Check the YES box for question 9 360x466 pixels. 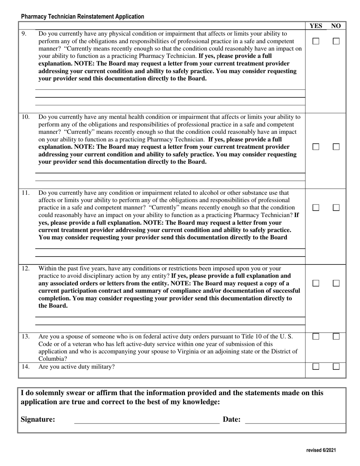click(316, 41)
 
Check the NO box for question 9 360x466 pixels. click(336, 41)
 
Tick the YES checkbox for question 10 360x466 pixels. click(316, 147)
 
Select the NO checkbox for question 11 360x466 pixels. click(336, 208)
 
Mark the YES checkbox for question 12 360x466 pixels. click(316, 283)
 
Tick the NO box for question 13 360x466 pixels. click(336, 336)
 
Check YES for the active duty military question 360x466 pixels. click(316, 367)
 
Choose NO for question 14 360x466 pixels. click(336, 367)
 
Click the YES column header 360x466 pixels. click(316, 26)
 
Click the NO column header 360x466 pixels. click(336, 26)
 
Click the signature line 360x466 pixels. click(146, 421)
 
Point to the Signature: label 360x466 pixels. click(38, 419)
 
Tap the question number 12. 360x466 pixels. click(25, 269)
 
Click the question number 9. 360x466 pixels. click(24, 34)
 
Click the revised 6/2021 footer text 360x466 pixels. click(321, 450)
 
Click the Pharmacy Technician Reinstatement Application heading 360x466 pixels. click(83, 17)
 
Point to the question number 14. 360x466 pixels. click(25, 367)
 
